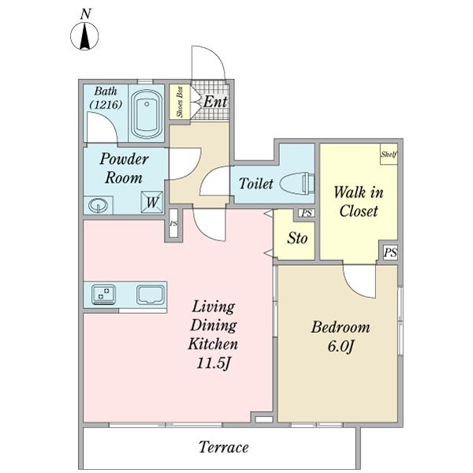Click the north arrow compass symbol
pyautogui.click(x=84, y=35)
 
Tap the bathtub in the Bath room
pyautogui.click(x=147, y=114)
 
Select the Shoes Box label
pyautogui.click(x=180, y=102)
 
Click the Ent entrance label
pyautogui.click(x=215, y=102)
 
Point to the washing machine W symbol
pyautogui.click(x=152, y=203)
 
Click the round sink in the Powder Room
pyautogui.click(x=98, y=206)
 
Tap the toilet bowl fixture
pyautogui.click(x=298, y=184)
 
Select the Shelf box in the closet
pyautogui.click(x=389, y=155)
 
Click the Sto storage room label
pyautogui.click(x=297, y=238)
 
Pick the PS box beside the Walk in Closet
pyautogui.click(x=390, y=252)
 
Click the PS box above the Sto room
pyautogui.click(x=307, y=214)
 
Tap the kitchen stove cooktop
pyautogui.click(x=104, y=294)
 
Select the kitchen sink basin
pyautogui.click(x=151, y=295)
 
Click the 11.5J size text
pyautogui.click(x=214, y=363)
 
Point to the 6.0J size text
pyautogui.click(x=341, y=347)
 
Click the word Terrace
pyautogui.click(x=224, y=447)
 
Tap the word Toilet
pyautogui.click(x=255, y=184)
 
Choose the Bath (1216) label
pyautogui.click(x=106, y=98)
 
